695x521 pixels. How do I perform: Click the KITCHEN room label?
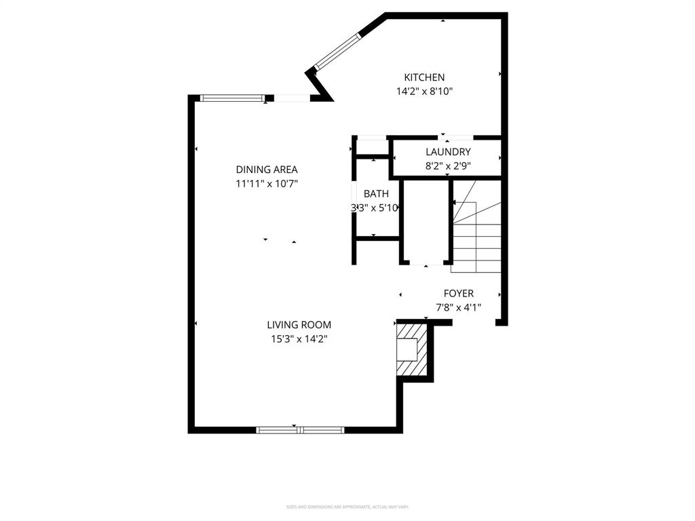424,77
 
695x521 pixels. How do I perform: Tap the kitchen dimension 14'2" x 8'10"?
424,91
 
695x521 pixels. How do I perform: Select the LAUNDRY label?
448,152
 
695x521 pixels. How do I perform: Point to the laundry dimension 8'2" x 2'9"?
448,165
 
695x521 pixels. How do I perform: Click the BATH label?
376,194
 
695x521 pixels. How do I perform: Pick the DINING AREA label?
267,170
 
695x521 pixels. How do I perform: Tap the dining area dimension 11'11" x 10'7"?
267,183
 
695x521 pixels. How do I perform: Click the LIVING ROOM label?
299,325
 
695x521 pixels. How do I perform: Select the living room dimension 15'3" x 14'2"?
299,339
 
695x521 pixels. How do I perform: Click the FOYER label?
459,293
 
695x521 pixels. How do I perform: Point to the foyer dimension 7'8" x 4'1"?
459,307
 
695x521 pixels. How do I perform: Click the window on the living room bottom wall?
300,429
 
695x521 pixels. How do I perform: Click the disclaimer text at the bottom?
347,507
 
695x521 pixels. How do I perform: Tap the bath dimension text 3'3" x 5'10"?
374,208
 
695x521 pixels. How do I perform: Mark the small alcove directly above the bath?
371,148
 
